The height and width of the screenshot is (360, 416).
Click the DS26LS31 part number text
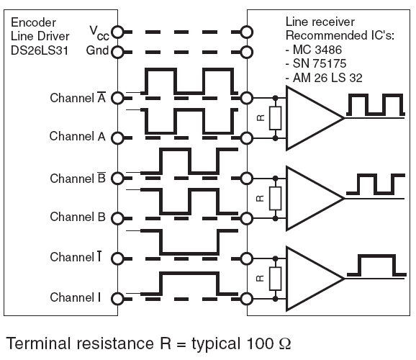pos(40,50)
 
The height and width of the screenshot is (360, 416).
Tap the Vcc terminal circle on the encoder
pos(117,32)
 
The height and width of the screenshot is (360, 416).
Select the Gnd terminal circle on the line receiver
pos(246,52)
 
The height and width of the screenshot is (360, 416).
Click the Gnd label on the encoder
pos(97,50)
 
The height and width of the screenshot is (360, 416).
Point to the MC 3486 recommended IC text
pos(314,50)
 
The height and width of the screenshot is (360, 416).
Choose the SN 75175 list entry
pos(316,63)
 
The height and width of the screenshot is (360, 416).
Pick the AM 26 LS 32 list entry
pos(324,78)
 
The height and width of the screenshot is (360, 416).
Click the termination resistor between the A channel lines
pos(276,118)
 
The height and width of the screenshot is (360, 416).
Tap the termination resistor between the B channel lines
pos(276,198)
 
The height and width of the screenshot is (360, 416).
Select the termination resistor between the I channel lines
pos(276,279)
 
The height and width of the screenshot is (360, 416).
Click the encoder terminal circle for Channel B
pos(117,218)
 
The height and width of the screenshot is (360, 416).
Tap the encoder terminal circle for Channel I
pos(117,299)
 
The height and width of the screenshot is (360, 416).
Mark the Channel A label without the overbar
pos(78,136)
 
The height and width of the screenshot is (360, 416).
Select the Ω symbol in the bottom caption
pos(285,343)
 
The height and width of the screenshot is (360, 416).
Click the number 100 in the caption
pos(260,343)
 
